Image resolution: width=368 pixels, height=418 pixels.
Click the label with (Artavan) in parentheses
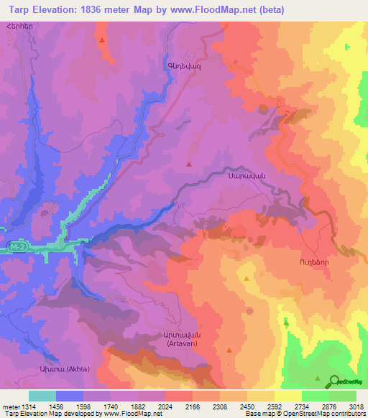pos(205,344)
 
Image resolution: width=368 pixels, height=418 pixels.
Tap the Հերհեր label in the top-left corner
pos(19,26)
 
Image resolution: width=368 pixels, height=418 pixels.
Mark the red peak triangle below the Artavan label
pos(229,350)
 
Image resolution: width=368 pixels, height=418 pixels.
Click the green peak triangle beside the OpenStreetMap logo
pos(318,377)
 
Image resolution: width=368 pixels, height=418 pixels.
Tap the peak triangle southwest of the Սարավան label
pos(189,164)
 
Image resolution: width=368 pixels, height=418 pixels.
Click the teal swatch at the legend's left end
pos(42,396)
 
